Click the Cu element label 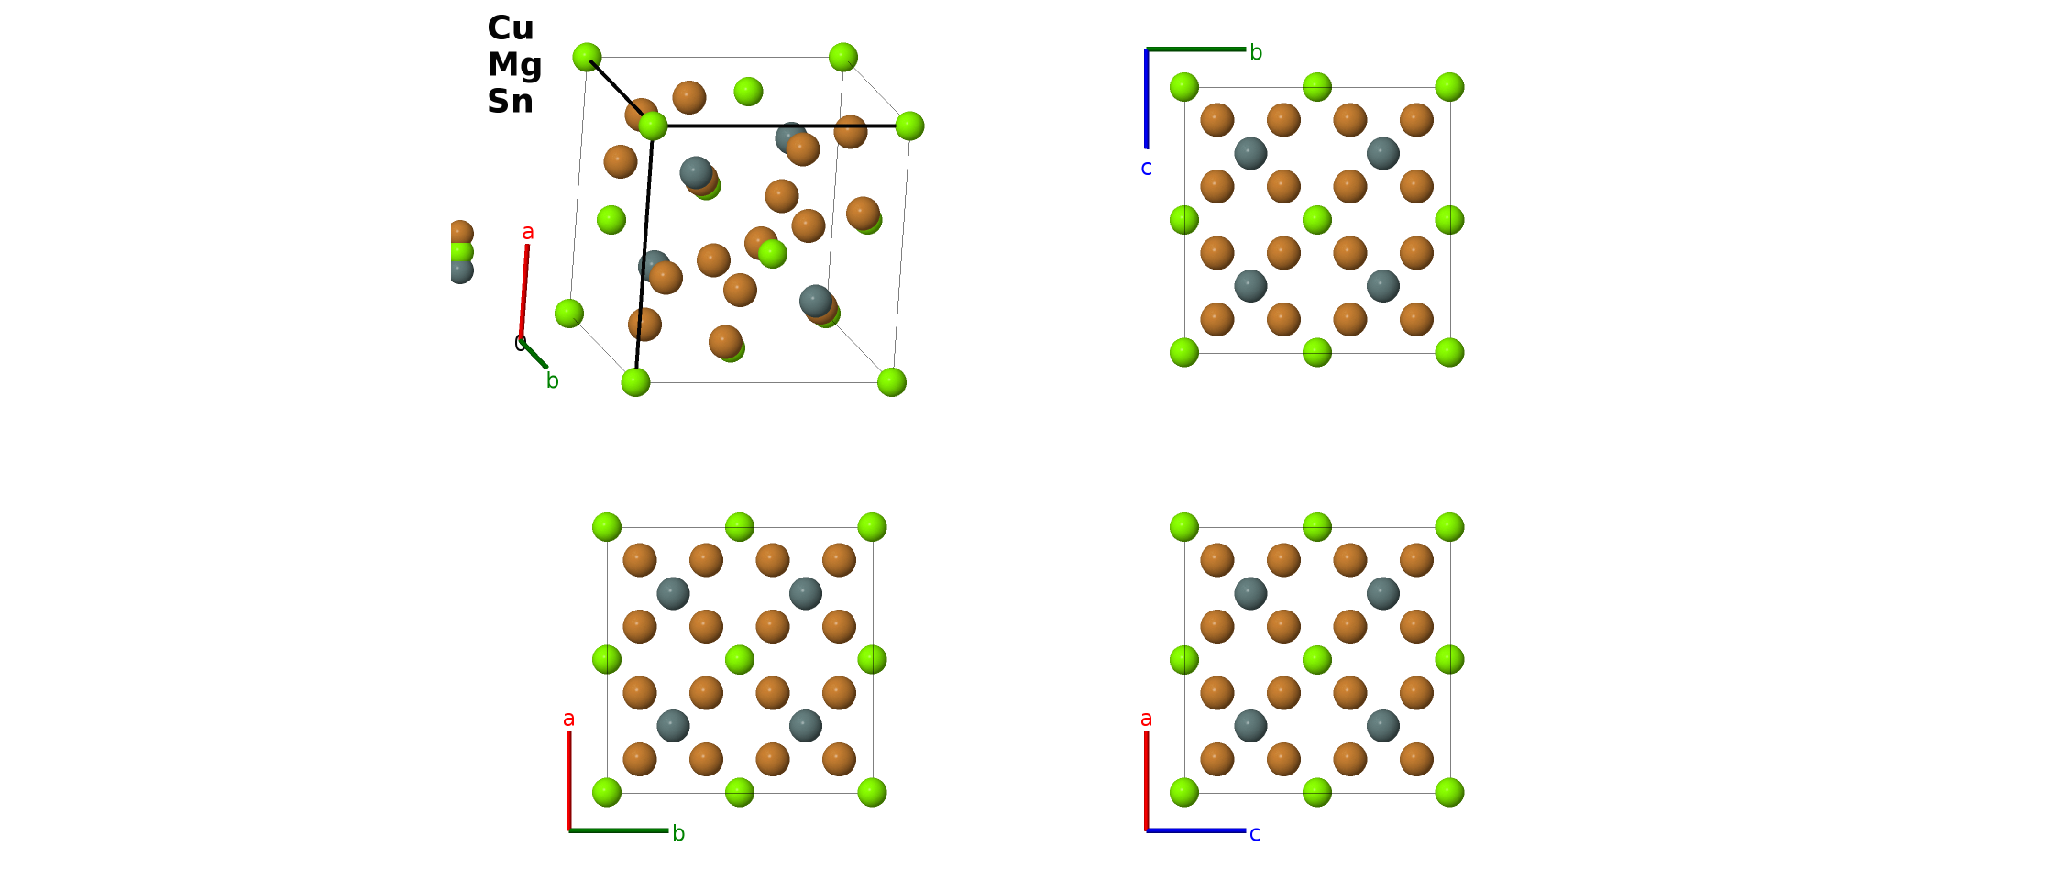coord(511,28)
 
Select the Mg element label coord(514,66)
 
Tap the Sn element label coord(510,101)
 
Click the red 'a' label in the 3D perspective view coord(528,233)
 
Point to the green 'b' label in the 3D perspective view coord(552,379)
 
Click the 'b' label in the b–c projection coord(1256,52)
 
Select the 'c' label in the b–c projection coord(1146,169)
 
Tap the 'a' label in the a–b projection coord(569,719)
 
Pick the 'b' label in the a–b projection coord(678,832)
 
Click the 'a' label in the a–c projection coord(1146,719)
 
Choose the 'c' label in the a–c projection coord(1255,834)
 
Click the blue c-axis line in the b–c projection coord(1146,99)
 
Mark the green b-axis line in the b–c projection coord(1196,49)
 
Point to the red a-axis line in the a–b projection coord(569,781)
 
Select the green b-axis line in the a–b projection coord(619,830)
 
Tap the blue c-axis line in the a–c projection coord(1196,830)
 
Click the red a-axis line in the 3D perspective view coord(524,291)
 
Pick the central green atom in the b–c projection coord(1317,220)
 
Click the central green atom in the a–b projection coord(740,659)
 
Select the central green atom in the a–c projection coord(1317,659)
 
